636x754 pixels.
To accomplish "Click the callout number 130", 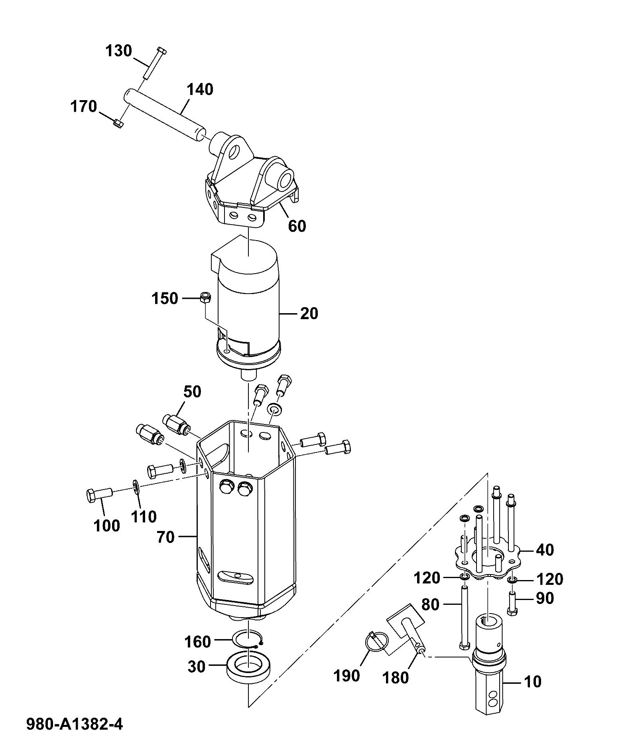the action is click(x=119, y=51).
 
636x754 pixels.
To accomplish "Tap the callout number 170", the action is click(x=84, y=107).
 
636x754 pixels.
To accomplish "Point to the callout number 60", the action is click(x=297, y=226).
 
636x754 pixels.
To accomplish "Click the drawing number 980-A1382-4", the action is click(x=75, y=724).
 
